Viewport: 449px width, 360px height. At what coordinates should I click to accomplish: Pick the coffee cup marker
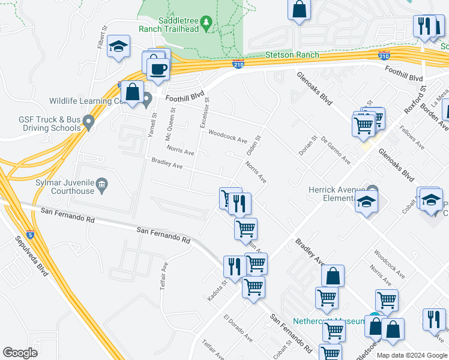(x=158, y=70)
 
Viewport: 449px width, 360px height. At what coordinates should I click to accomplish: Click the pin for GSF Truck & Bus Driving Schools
(x=89, y=123)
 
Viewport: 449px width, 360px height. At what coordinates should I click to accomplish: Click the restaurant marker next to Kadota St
(x=234, y=266)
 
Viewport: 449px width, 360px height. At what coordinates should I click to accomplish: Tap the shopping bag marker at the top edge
(x=299, y=10)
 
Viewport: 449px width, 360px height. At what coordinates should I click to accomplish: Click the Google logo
(x=20, y=352)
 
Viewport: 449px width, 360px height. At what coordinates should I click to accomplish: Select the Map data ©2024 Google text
(x=411, y=355)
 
